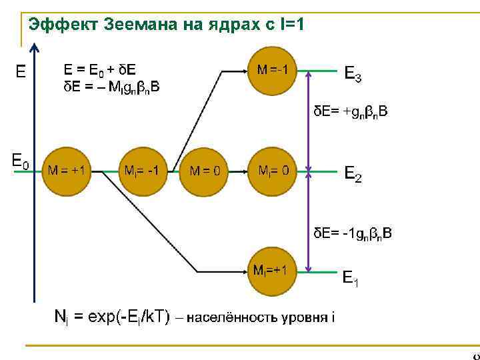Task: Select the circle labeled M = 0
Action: click(x=205, y=171)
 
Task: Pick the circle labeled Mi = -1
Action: click(x=142, y=171)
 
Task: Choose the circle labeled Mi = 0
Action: click(x=274, y=171)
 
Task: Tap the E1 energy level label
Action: click(x=351, y=277)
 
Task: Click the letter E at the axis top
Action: click(x=21, y=70)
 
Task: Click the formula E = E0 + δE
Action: click(x=99, y=69)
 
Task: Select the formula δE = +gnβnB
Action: click(x=351, y=113)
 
